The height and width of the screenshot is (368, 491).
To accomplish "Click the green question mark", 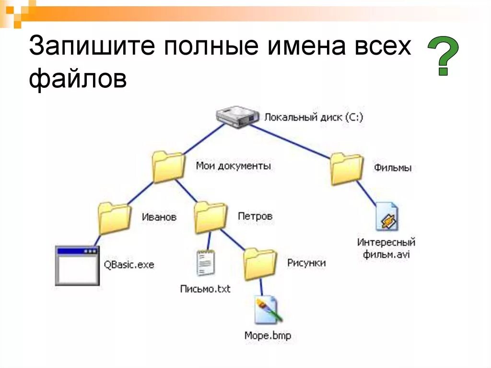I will [x=442, y=57].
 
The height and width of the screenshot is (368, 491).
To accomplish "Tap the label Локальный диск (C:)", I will [x=314, y=117].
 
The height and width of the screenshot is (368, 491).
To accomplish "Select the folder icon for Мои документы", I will [x=168, y=167].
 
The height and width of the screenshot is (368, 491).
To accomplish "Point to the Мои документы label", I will [x=233, y=166].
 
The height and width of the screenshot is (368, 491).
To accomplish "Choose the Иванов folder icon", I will [x=115, y=218].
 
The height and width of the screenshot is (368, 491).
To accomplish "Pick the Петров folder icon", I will [x=210, y=217].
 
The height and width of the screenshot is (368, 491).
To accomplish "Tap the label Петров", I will [x=255, y=216].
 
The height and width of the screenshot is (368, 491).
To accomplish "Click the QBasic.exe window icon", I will [x=77, y=265].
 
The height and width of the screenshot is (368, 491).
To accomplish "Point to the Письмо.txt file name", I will [x=205, y=289].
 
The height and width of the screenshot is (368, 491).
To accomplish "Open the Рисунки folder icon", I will [x=260, y=264].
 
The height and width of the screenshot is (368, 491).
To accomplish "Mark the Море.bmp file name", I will [x=268, y=335].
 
